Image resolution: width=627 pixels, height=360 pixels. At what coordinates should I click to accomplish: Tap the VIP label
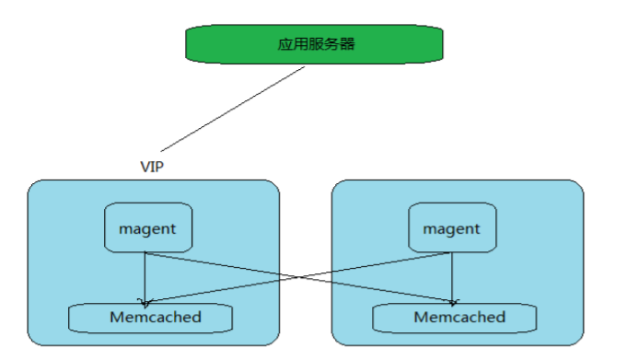coord(151,167)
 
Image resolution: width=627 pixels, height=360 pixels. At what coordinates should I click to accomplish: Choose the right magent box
coord(452,228)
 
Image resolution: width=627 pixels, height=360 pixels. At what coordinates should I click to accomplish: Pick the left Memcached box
coord(149,318)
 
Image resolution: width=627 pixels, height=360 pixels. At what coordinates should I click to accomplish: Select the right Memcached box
coord(453,318)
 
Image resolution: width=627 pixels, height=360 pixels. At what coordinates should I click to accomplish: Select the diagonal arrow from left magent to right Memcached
coord(368,286)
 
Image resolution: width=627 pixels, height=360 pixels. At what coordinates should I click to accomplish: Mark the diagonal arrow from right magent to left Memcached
coord(230,286)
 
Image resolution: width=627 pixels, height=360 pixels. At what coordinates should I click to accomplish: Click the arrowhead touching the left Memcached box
coord(144,300)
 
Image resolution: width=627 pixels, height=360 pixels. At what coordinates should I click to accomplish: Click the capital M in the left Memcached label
coord(117,318)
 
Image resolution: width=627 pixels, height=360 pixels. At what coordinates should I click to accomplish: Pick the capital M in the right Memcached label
coord(421,318)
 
